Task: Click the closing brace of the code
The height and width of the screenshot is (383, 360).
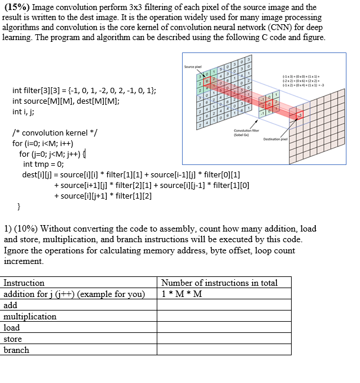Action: click(19, 207)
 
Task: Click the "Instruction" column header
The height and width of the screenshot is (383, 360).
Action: click(24, 283)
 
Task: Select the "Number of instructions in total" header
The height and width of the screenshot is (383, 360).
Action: click(219, 283)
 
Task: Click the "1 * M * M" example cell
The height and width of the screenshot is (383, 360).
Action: click(181, 294)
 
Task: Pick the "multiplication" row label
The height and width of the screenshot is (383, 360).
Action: click(30, 316)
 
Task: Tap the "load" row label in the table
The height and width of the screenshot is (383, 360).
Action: click(12, 328)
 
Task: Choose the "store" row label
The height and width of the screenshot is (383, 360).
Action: click(13, 339)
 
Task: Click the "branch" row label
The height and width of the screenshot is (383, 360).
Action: click(16, 350)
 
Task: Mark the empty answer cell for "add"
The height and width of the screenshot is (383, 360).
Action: click(224, 305)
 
